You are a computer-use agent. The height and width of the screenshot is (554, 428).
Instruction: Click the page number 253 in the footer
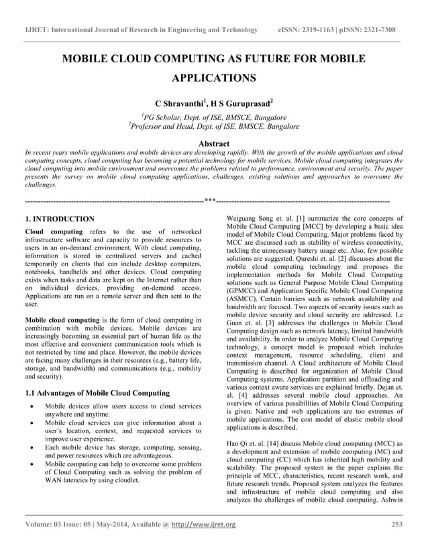pos(397,524)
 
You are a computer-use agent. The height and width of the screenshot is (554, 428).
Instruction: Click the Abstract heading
pos(214,144)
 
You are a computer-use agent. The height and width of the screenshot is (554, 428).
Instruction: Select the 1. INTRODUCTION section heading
pos(59,219)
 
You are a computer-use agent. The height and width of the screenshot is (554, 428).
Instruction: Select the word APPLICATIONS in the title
pos(214,78)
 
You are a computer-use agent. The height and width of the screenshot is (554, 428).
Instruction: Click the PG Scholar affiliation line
pos(214,117)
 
